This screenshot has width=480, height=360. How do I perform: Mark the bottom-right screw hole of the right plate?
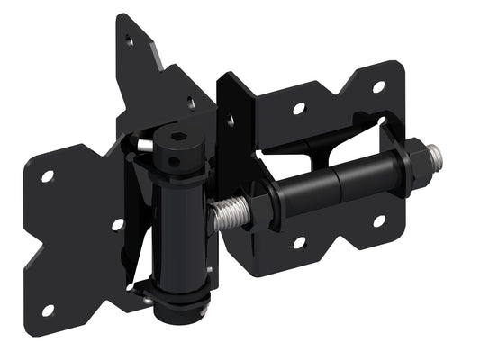(379, 220)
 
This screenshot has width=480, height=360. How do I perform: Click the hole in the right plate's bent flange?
(231, 118)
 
